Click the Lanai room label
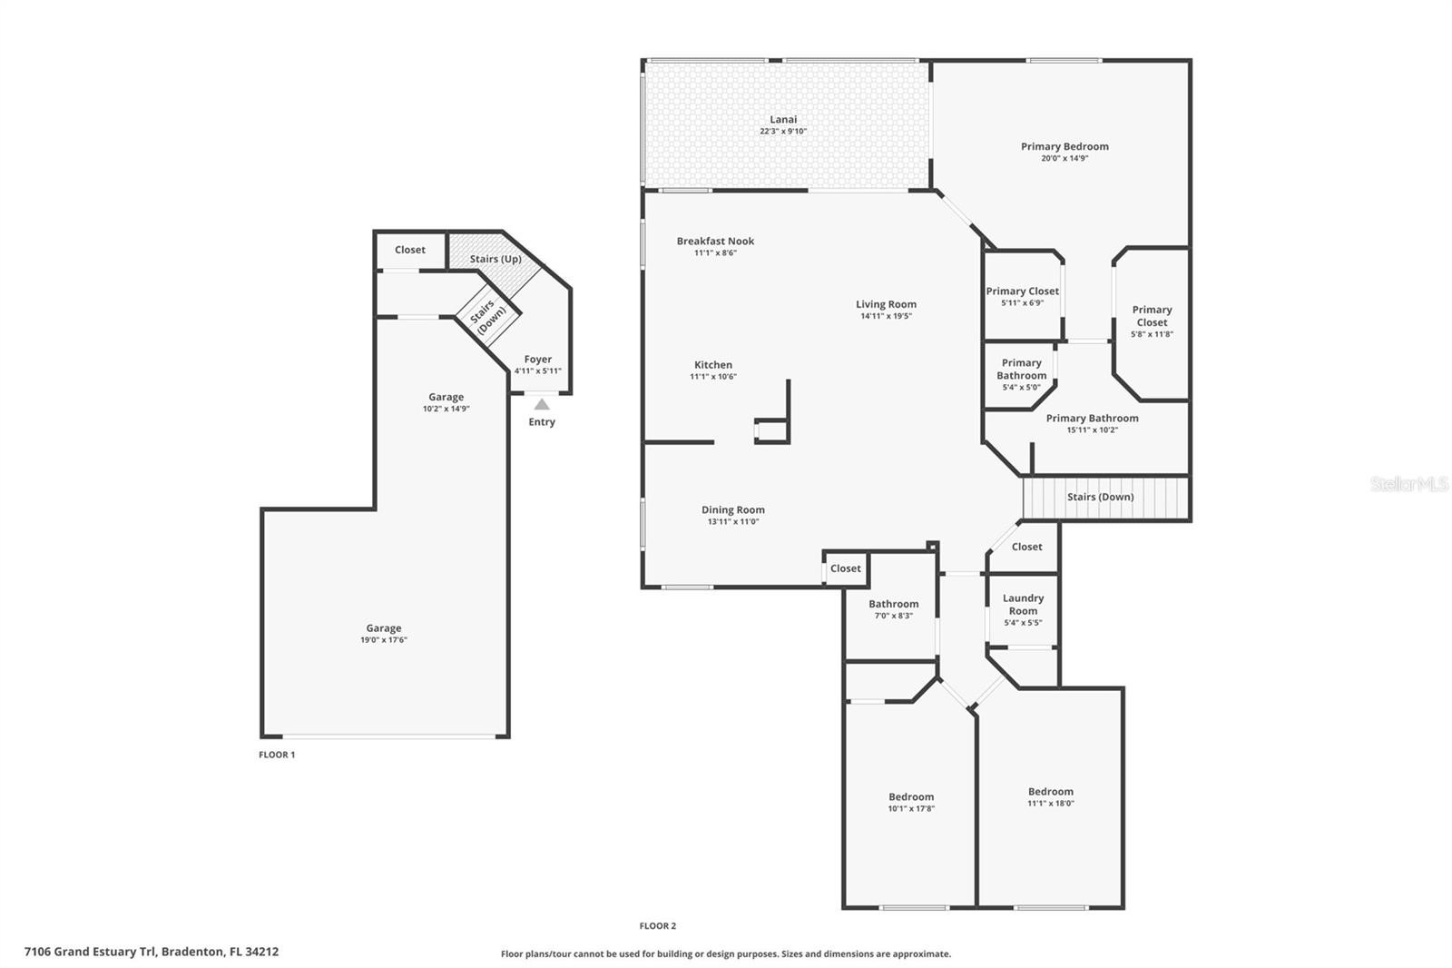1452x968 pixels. tap(783, 119)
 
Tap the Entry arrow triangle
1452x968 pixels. tap(542, 405)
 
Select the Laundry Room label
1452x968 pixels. tap(1023, 604)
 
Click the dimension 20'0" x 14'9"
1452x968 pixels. tap(1064, 158)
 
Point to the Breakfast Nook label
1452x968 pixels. tap(715, 242)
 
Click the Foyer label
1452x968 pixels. tap(537, 360)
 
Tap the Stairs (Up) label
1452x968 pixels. tap(495, 259)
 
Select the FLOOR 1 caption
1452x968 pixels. tap(277, 755)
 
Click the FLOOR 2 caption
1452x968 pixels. tap(657, 926)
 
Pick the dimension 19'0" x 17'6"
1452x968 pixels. tap(384, 639)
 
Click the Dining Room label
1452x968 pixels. tap(732, 510)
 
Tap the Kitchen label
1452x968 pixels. tap(713, 365)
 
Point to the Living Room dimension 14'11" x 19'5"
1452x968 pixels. tap(886, 316)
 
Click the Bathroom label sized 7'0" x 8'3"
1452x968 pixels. tap(893, 604)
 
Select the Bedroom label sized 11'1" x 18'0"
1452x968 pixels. tap(1050, 792)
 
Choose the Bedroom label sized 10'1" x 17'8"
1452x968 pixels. tap(911, 796)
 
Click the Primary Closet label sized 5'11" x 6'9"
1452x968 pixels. tap(1022, 291)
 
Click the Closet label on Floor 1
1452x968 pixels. tap(409, 250)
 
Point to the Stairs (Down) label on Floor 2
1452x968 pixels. tap(1100, 497)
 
